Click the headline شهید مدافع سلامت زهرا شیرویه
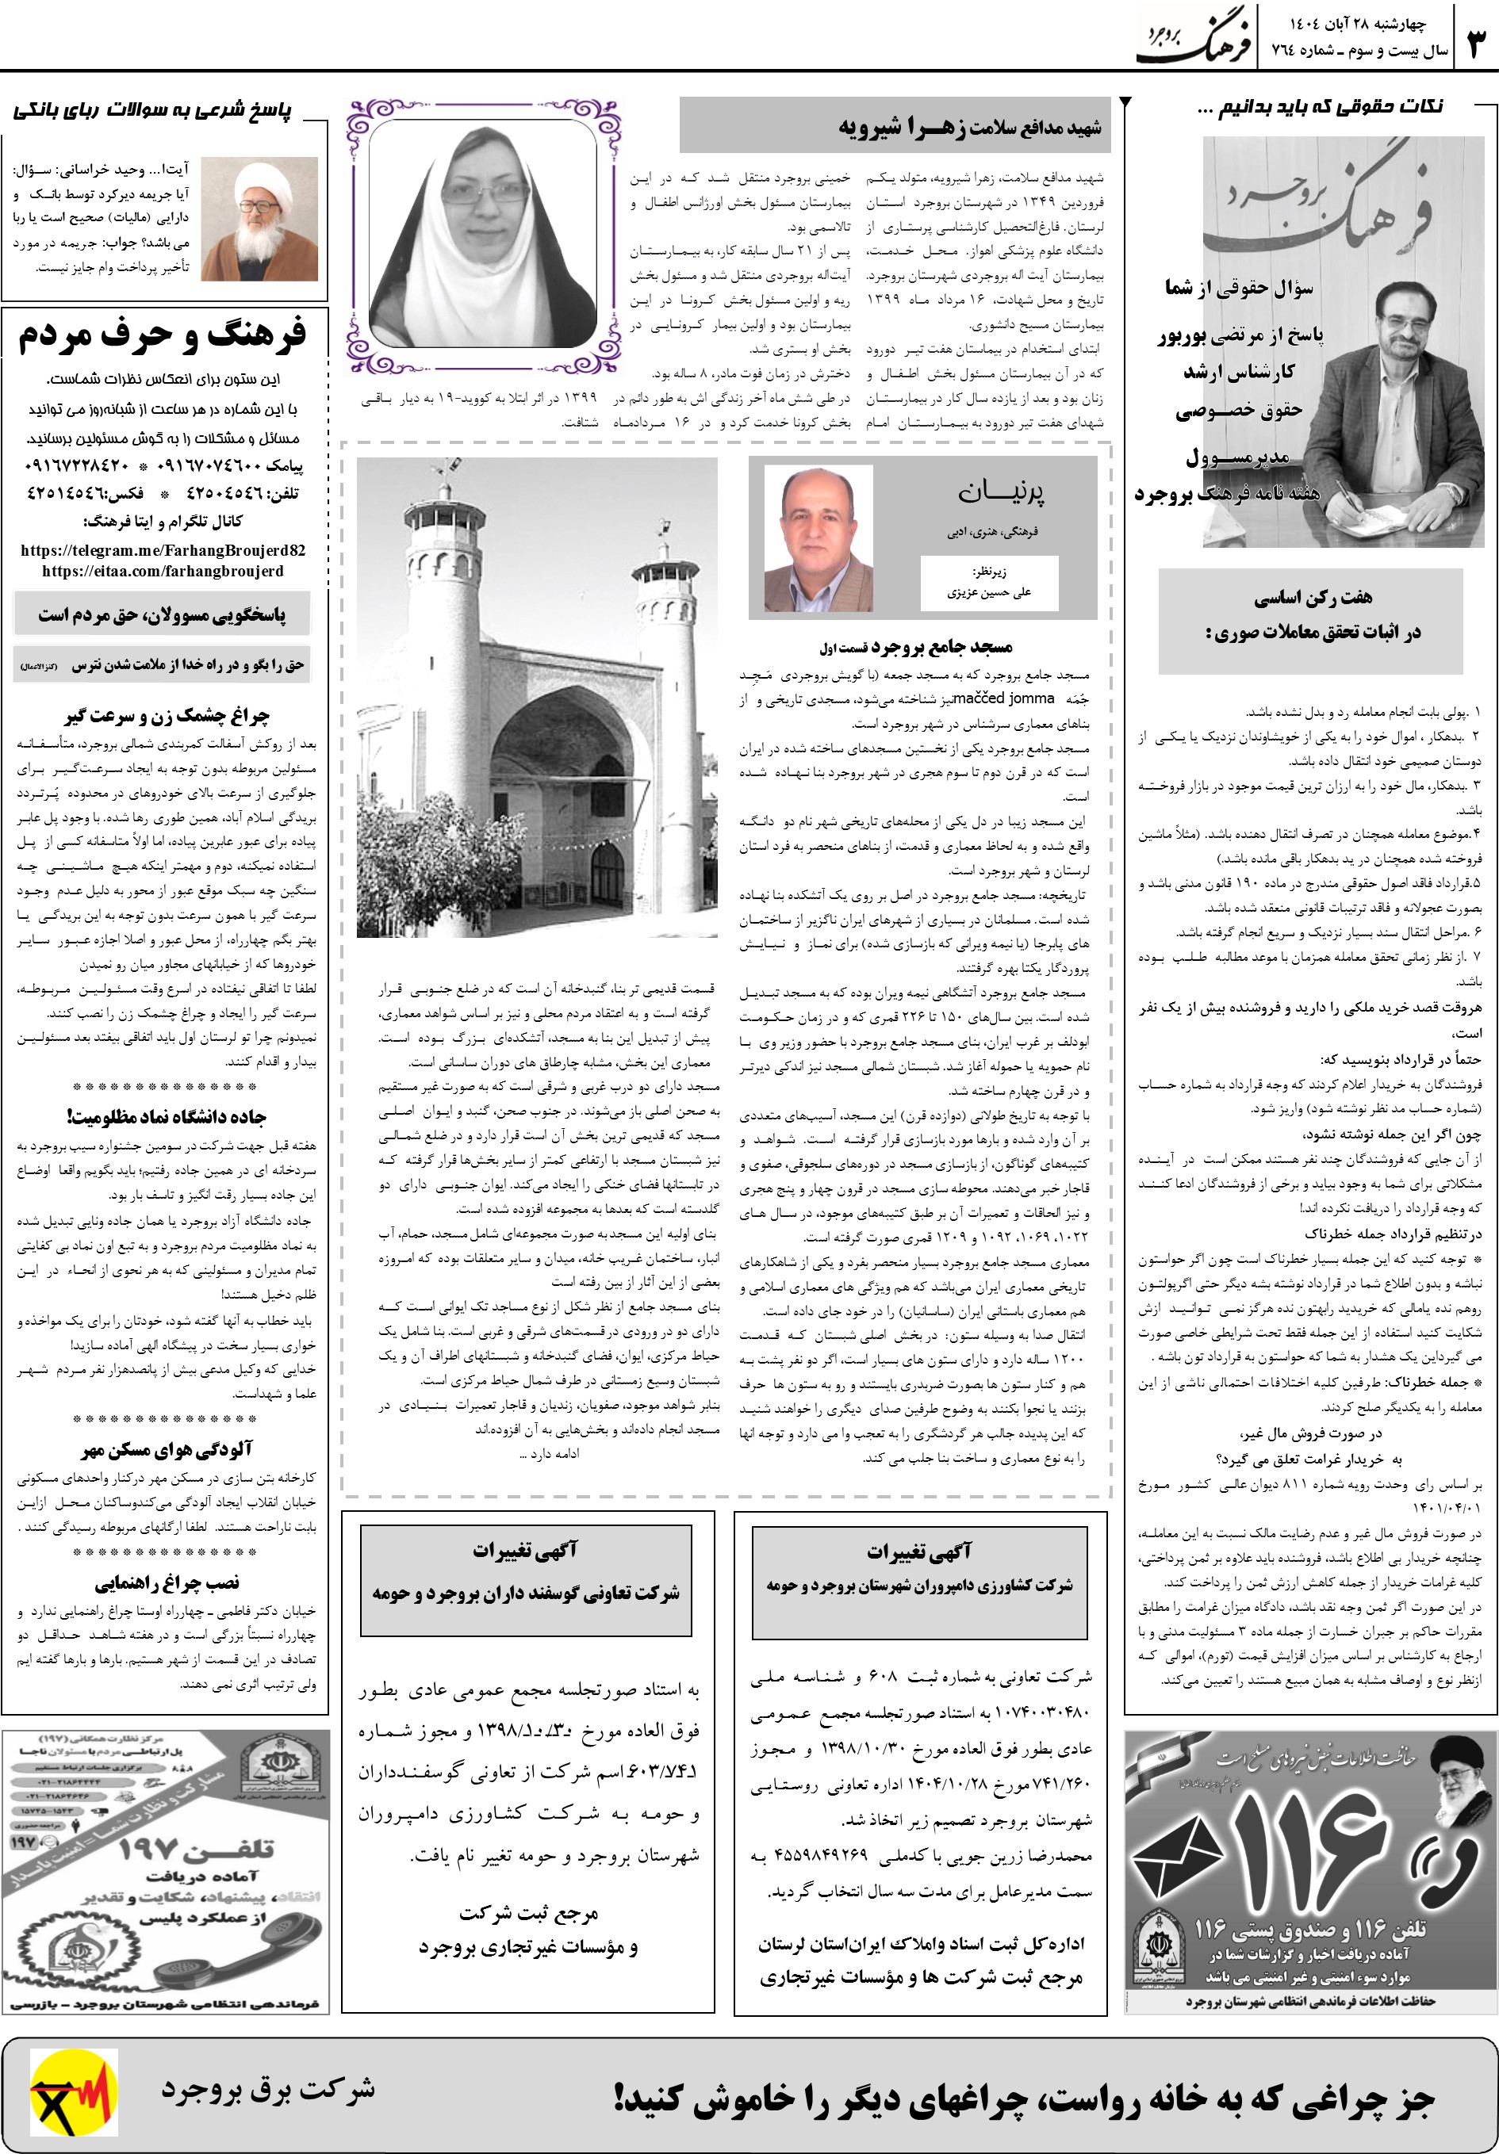tap(971, 127)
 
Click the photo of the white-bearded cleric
tap(260, 220)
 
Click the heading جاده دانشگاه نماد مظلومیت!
tap(166, 1116)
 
